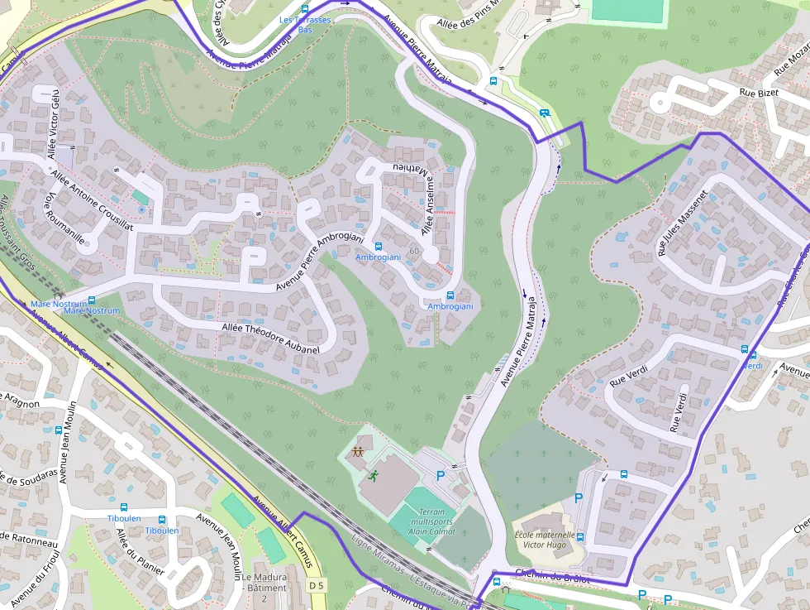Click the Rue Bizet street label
click(x=759, y=94)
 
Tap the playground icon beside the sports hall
click(x=359, y=452)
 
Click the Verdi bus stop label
click(x=752, y=365)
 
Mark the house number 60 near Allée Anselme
click(x=413, y=251)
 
